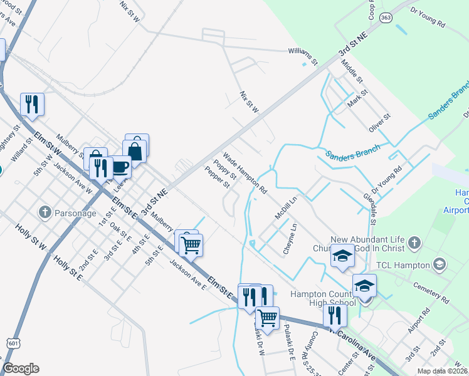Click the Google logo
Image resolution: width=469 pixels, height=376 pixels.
coord(21,368)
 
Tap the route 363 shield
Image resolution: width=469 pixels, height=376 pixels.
coord(386,18)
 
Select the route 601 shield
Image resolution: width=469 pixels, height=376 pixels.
coord(13,342)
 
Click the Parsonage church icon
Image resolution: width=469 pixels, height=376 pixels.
coord(45,212)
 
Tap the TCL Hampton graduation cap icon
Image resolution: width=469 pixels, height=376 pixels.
coord(439,264)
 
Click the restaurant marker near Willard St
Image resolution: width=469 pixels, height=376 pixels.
coord(32,104)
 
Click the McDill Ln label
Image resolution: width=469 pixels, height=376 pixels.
coord(285,207)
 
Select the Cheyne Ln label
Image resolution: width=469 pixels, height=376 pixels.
coord(289,238)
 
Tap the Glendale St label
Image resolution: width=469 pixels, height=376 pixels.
coord(369,209)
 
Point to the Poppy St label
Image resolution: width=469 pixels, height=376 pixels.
coord(224,169)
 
